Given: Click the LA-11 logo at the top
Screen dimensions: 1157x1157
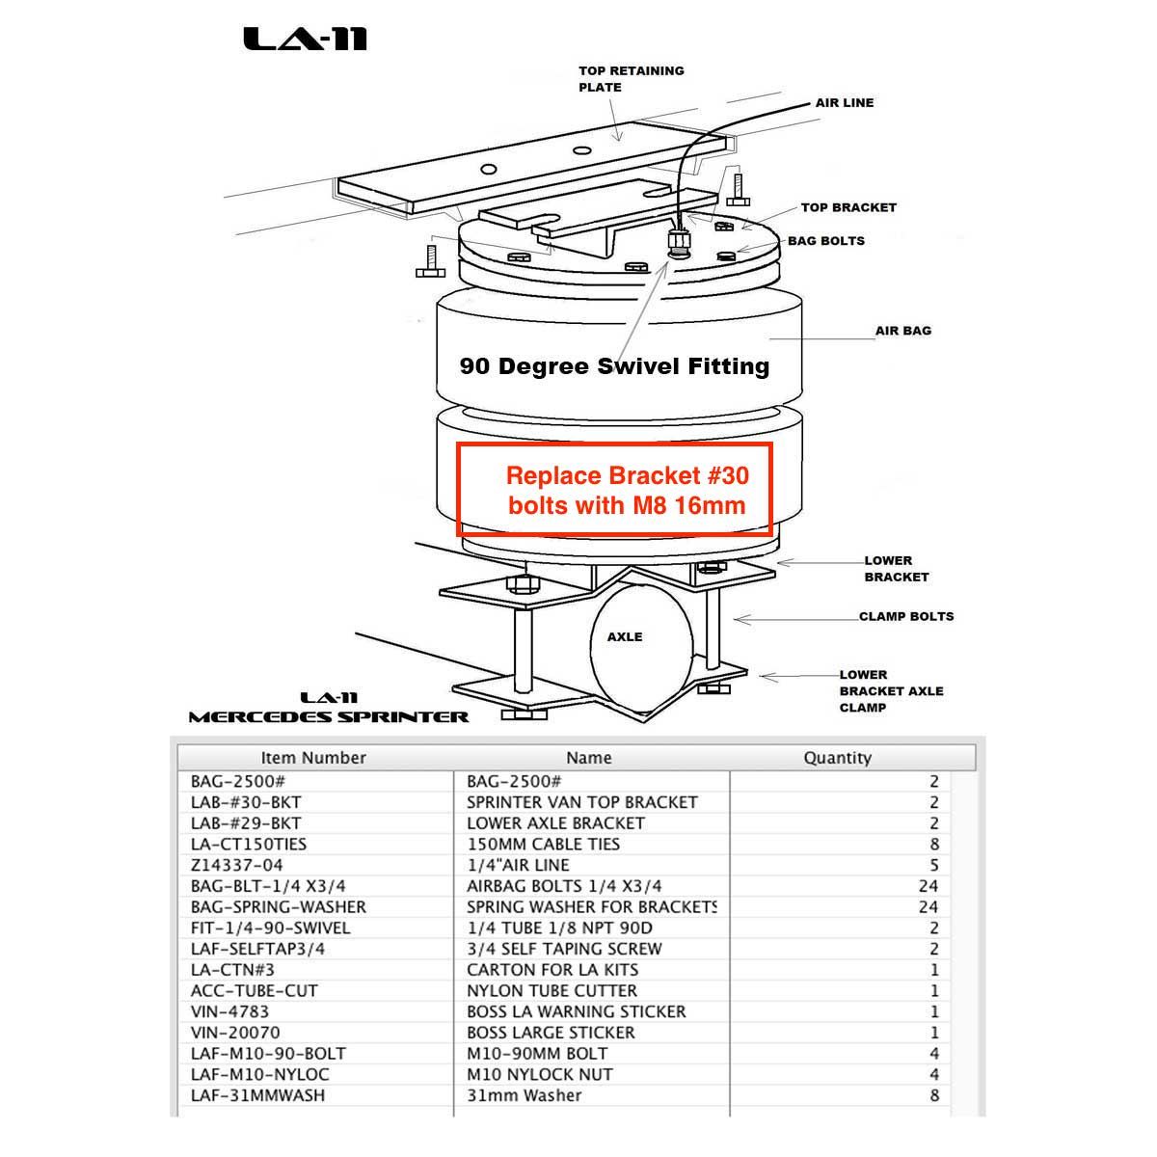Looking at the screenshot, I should click(305, 39).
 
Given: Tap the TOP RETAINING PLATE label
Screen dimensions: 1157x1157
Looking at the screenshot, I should click(631, 79).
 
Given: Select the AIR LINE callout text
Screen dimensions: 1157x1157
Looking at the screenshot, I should click(844, 102).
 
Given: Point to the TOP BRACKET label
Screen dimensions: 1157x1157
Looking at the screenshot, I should click(848, 207).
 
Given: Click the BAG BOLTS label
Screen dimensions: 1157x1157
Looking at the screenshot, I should click(826, 241).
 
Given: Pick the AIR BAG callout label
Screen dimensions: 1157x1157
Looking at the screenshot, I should click(902, 331).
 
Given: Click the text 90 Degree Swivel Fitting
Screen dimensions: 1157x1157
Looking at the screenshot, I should click(614, 366).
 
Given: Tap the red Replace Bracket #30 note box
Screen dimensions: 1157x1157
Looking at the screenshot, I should click(615, 490).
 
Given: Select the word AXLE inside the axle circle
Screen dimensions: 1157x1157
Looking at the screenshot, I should click(625, 636).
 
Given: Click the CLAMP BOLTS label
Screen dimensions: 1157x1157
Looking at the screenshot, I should click(906, 616).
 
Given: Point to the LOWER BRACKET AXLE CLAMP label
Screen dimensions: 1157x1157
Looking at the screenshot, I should click(890, 691).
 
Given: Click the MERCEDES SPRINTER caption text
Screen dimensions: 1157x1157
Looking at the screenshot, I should click(329, 716).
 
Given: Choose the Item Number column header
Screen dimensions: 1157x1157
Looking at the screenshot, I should click(313, 758).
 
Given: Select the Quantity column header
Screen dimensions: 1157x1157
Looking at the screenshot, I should click(837, 758).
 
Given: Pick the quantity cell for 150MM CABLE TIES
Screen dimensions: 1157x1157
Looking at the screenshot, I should click(933, 844).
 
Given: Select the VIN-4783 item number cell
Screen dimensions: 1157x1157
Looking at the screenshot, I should click(229, 1011).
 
